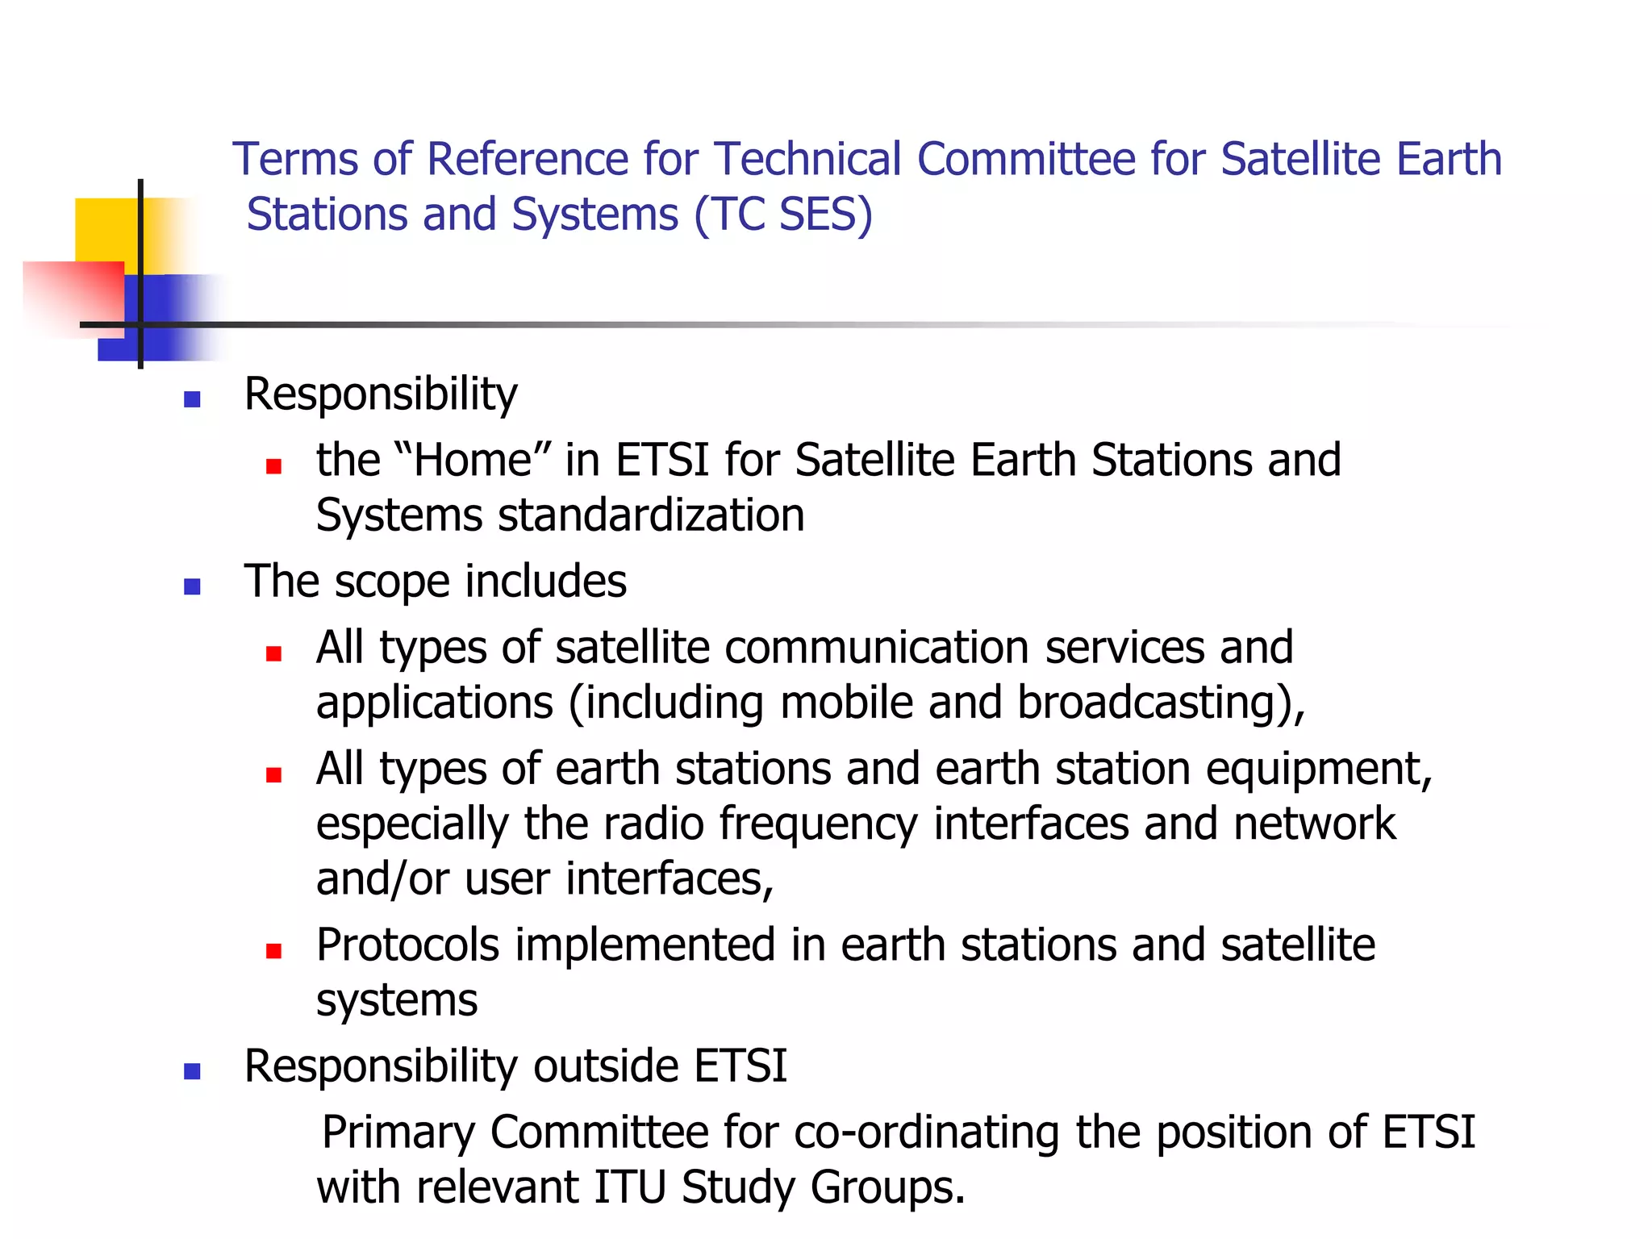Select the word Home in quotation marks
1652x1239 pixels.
pyautogui.click(x=473, y=461)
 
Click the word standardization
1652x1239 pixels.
pyautogui.click(x=651, y=516)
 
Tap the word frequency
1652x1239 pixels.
pyautogui.click(x=818, y=824)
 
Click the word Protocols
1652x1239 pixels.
pyautogui.click(x=407, y=945)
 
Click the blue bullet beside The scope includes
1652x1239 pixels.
pyautogui.click(x=192, y=586)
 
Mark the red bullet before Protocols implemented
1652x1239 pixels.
pyautogui.click(x=274, y=951)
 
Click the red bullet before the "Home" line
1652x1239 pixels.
pyautogui.click(x=274, y=466)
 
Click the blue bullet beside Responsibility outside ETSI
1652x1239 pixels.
pyautogui.click(x=192, y=1071)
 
